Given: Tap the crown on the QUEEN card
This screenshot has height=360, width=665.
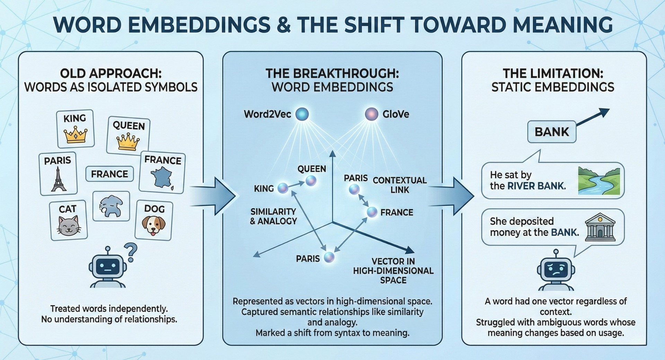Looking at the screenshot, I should [x=128, y=142].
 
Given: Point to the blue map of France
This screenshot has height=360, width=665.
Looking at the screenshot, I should [x=162, y=177].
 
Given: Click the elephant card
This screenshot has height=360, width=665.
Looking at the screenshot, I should [x=111, y=206].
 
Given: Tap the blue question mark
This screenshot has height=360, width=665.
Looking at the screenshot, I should [x=131, y=252].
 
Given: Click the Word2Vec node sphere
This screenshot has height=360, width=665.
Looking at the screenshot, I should [x=302, y=114].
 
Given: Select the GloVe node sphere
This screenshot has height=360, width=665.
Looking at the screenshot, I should [x=372, y=114].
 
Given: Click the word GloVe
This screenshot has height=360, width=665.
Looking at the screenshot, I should [x=396, y=114].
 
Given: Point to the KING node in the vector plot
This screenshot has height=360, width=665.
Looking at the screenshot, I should [x=283, y=188].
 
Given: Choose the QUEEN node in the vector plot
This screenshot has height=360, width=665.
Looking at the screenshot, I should [x=311, y=181].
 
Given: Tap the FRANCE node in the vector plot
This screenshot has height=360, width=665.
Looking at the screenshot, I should [x=372, y=212].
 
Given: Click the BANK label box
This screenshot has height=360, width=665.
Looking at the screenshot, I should [x=551, y=132].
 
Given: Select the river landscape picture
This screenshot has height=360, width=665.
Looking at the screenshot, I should [x=598, y=181].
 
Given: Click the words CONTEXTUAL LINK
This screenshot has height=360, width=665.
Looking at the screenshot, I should [x=399, y=185].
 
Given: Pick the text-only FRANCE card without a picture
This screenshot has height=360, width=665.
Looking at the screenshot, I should [x=109, y=174].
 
